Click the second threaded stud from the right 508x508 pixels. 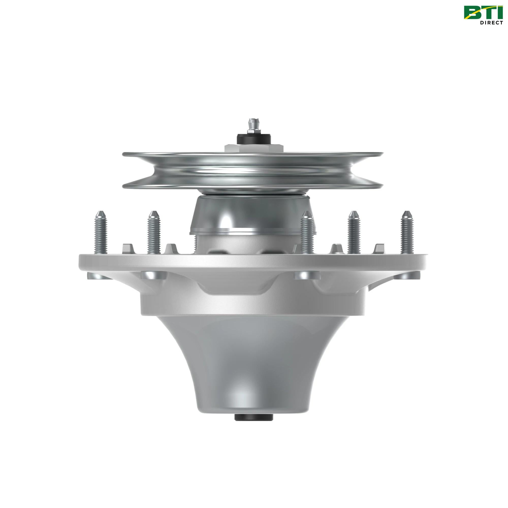354,229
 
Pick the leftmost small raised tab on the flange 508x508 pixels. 128,248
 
